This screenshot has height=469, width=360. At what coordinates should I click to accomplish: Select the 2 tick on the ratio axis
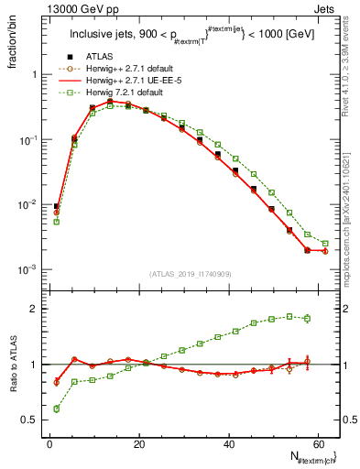(35, 309)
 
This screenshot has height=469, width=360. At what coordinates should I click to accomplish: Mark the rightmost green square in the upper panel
(325, 244)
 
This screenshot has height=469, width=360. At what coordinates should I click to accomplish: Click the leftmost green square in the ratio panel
(57, 409)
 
